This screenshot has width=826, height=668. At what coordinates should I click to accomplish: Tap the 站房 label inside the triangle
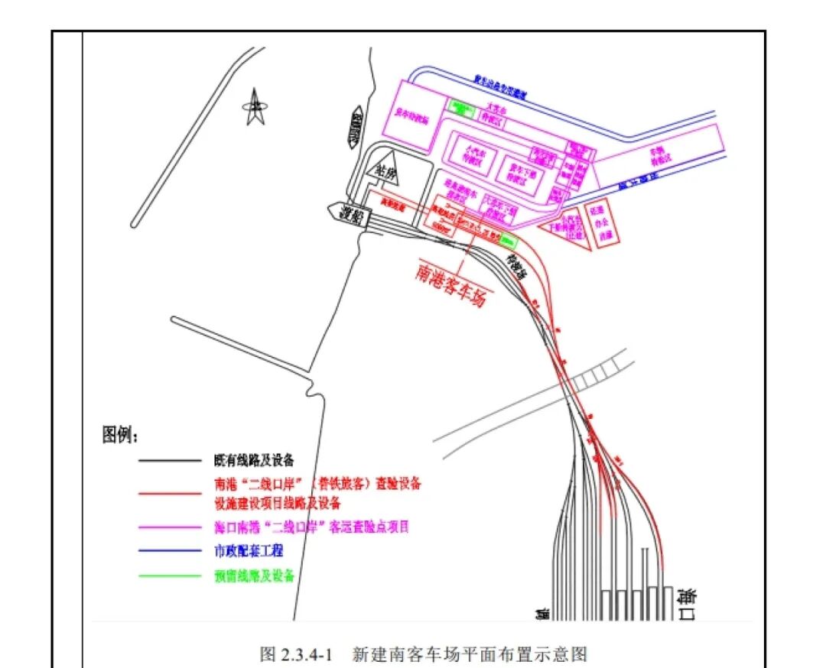click(382, 173)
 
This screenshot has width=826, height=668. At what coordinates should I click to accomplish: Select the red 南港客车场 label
click(451, 285)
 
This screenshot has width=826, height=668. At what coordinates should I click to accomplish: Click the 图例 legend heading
click(121, 436)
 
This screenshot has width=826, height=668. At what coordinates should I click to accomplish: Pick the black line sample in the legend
click(169, 461)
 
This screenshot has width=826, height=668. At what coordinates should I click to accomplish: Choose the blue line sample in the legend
click(169, 550)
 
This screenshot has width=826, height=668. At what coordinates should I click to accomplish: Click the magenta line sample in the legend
click(169, 527)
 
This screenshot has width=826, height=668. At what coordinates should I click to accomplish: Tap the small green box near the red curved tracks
click(507, 241)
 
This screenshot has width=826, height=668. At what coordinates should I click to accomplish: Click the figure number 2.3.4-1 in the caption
click(305, 654)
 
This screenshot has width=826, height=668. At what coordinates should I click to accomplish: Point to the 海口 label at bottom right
click(685, 604)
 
